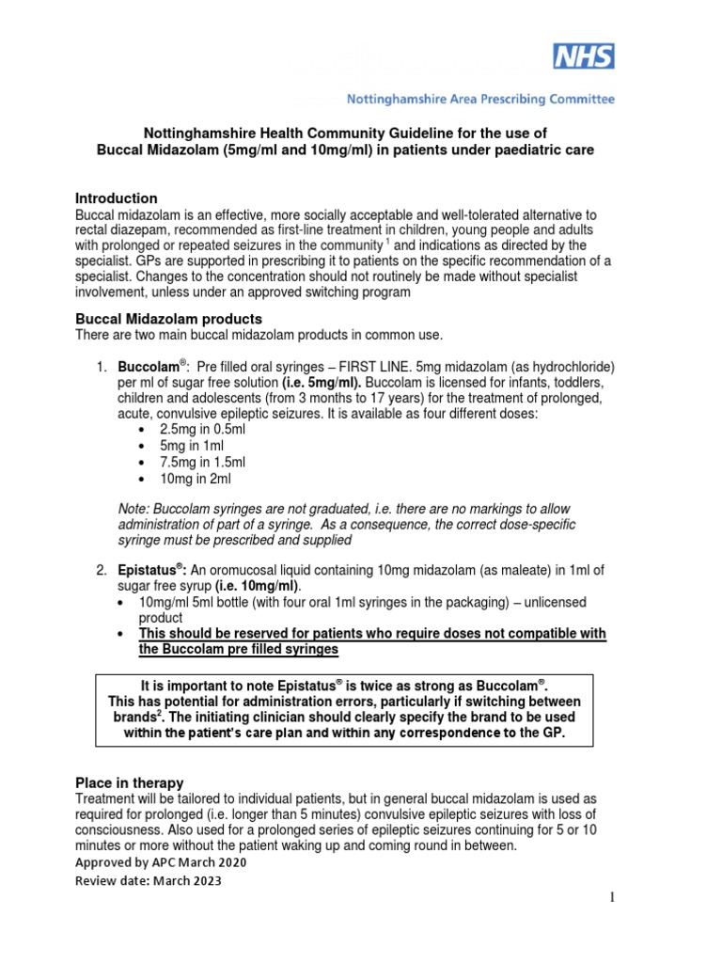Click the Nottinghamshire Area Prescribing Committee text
[x=481, y=98]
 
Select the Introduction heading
[x=116, y=198]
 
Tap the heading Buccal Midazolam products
[x=168, y=319]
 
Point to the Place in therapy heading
[x=129, y=782]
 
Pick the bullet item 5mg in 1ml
[x=189, y=444]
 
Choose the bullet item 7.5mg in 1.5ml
[x=202, y=461]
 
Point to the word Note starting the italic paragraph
[x=133, y=508]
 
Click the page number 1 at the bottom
[x=610, y=898]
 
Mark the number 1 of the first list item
[x=100, y=366]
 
